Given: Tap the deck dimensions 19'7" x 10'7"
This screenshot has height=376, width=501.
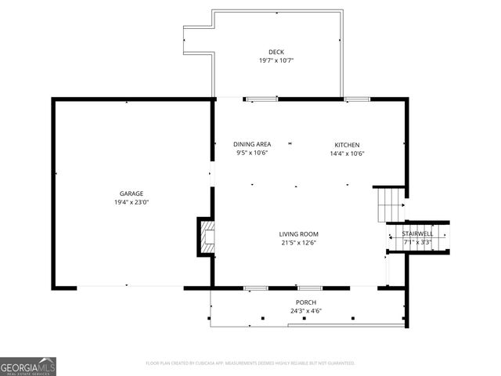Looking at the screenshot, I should pyautogui.click(x=276, y=60).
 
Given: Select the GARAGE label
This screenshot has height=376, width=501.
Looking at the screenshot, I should pyautogui.click(x=131, y=193).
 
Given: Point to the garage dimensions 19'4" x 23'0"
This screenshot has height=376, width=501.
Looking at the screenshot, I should pyautogui.click(x=131, y=201).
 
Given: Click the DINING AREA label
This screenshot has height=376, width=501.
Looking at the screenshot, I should pyautogui.click(x=252, y=144).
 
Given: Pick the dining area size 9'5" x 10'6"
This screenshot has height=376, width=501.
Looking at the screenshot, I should pyautogui.click(x=252, y=153).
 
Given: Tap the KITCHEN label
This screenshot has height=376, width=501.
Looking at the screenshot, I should pyautogui.click(x=347, y=145).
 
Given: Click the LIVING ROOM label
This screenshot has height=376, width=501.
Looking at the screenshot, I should pyautogui.click(x=299, y=233).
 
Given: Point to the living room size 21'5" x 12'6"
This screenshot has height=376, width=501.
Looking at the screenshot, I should pyautogui.click(x=299, y=242).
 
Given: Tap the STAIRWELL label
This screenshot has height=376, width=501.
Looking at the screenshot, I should pyautogui.click(x=417, y=233).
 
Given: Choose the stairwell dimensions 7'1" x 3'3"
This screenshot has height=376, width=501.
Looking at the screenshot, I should pyautogui.click(x=417, y=241).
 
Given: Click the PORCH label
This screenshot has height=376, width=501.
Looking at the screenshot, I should pyautogui.click(x=305, y=302).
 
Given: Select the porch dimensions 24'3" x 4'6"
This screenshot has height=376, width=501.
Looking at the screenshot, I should pyautogui.click(x=305, y=311).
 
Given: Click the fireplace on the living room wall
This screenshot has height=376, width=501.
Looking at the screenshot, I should pyautogui.click(x=206, y=237).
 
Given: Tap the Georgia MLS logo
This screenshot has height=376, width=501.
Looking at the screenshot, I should pyautogui.click(x=28, y=366).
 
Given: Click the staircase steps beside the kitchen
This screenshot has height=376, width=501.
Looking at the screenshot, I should pyautogui.click(x=390, y=204).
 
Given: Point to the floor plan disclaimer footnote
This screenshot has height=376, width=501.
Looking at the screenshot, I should pyautogui.click(x=250, y=363).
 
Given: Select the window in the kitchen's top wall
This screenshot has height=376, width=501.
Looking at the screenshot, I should pyautogui.click(x=357, y=99).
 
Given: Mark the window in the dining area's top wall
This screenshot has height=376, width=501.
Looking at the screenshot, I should pyautogui.click(x=261, y=99).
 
